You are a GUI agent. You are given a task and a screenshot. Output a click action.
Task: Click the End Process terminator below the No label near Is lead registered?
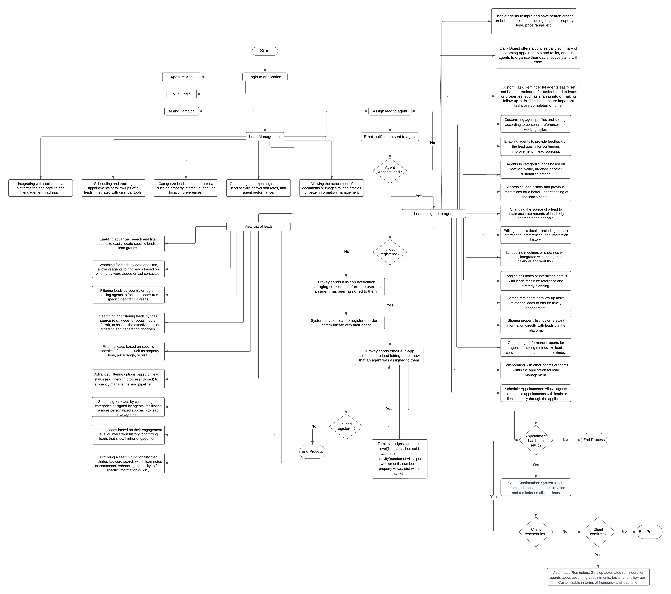(x=312, y=452)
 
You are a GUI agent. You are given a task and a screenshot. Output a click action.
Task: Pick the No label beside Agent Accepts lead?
(x=432, y=143)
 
